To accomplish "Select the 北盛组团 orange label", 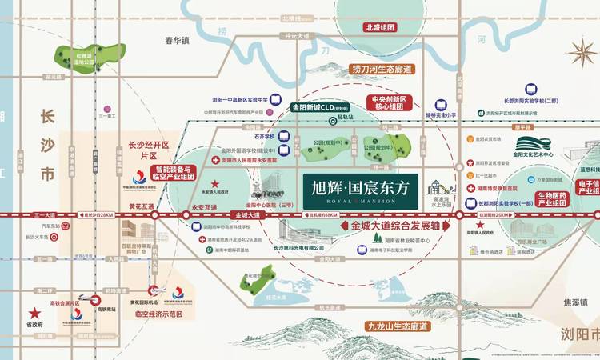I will [380, 26].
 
